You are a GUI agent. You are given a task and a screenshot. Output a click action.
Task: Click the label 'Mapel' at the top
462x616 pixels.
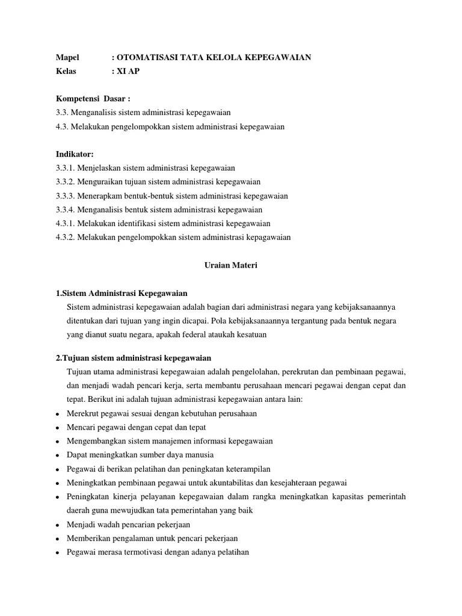point(67,57)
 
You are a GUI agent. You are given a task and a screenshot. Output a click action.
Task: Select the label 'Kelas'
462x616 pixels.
point(66,71)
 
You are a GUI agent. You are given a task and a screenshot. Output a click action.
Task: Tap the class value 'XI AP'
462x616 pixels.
point(131,71)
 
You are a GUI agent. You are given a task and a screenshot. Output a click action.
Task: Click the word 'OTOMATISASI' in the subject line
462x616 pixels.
point(146,57)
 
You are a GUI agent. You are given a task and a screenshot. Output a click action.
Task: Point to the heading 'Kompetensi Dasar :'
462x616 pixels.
point(93,99)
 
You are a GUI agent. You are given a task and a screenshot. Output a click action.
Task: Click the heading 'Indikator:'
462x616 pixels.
point(75,155)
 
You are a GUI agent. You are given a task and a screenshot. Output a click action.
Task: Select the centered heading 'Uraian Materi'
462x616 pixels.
point(228,265)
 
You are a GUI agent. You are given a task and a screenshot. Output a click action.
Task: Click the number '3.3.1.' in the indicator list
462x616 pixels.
point(65,168)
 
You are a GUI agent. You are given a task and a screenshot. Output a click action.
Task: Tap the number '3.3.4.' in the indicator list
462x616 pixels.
point(65,209)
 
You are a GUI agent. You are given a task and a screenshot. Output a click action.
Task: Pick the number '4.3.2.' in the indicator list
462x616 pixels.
point(65,237)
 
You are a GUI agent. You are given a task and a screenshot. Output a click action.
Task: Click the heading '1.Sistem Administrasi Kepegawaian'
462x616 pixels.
point(122,293)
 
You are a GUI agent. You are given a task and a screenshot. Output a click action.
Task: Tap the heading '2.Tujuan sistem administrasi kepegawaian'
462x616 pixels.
point(133,357)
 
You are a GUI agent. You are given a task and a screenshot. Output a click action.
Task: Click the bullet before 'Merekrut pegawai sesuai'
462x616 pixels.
point(57,414)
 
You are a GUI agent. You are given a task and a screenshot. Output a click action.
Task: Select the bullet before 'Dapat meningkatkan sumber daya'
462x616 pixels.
point(57,455)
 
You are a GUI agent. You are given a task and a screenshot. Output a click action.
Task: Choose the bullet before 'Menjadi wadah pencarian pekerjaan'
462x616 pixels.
point(57,525)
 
